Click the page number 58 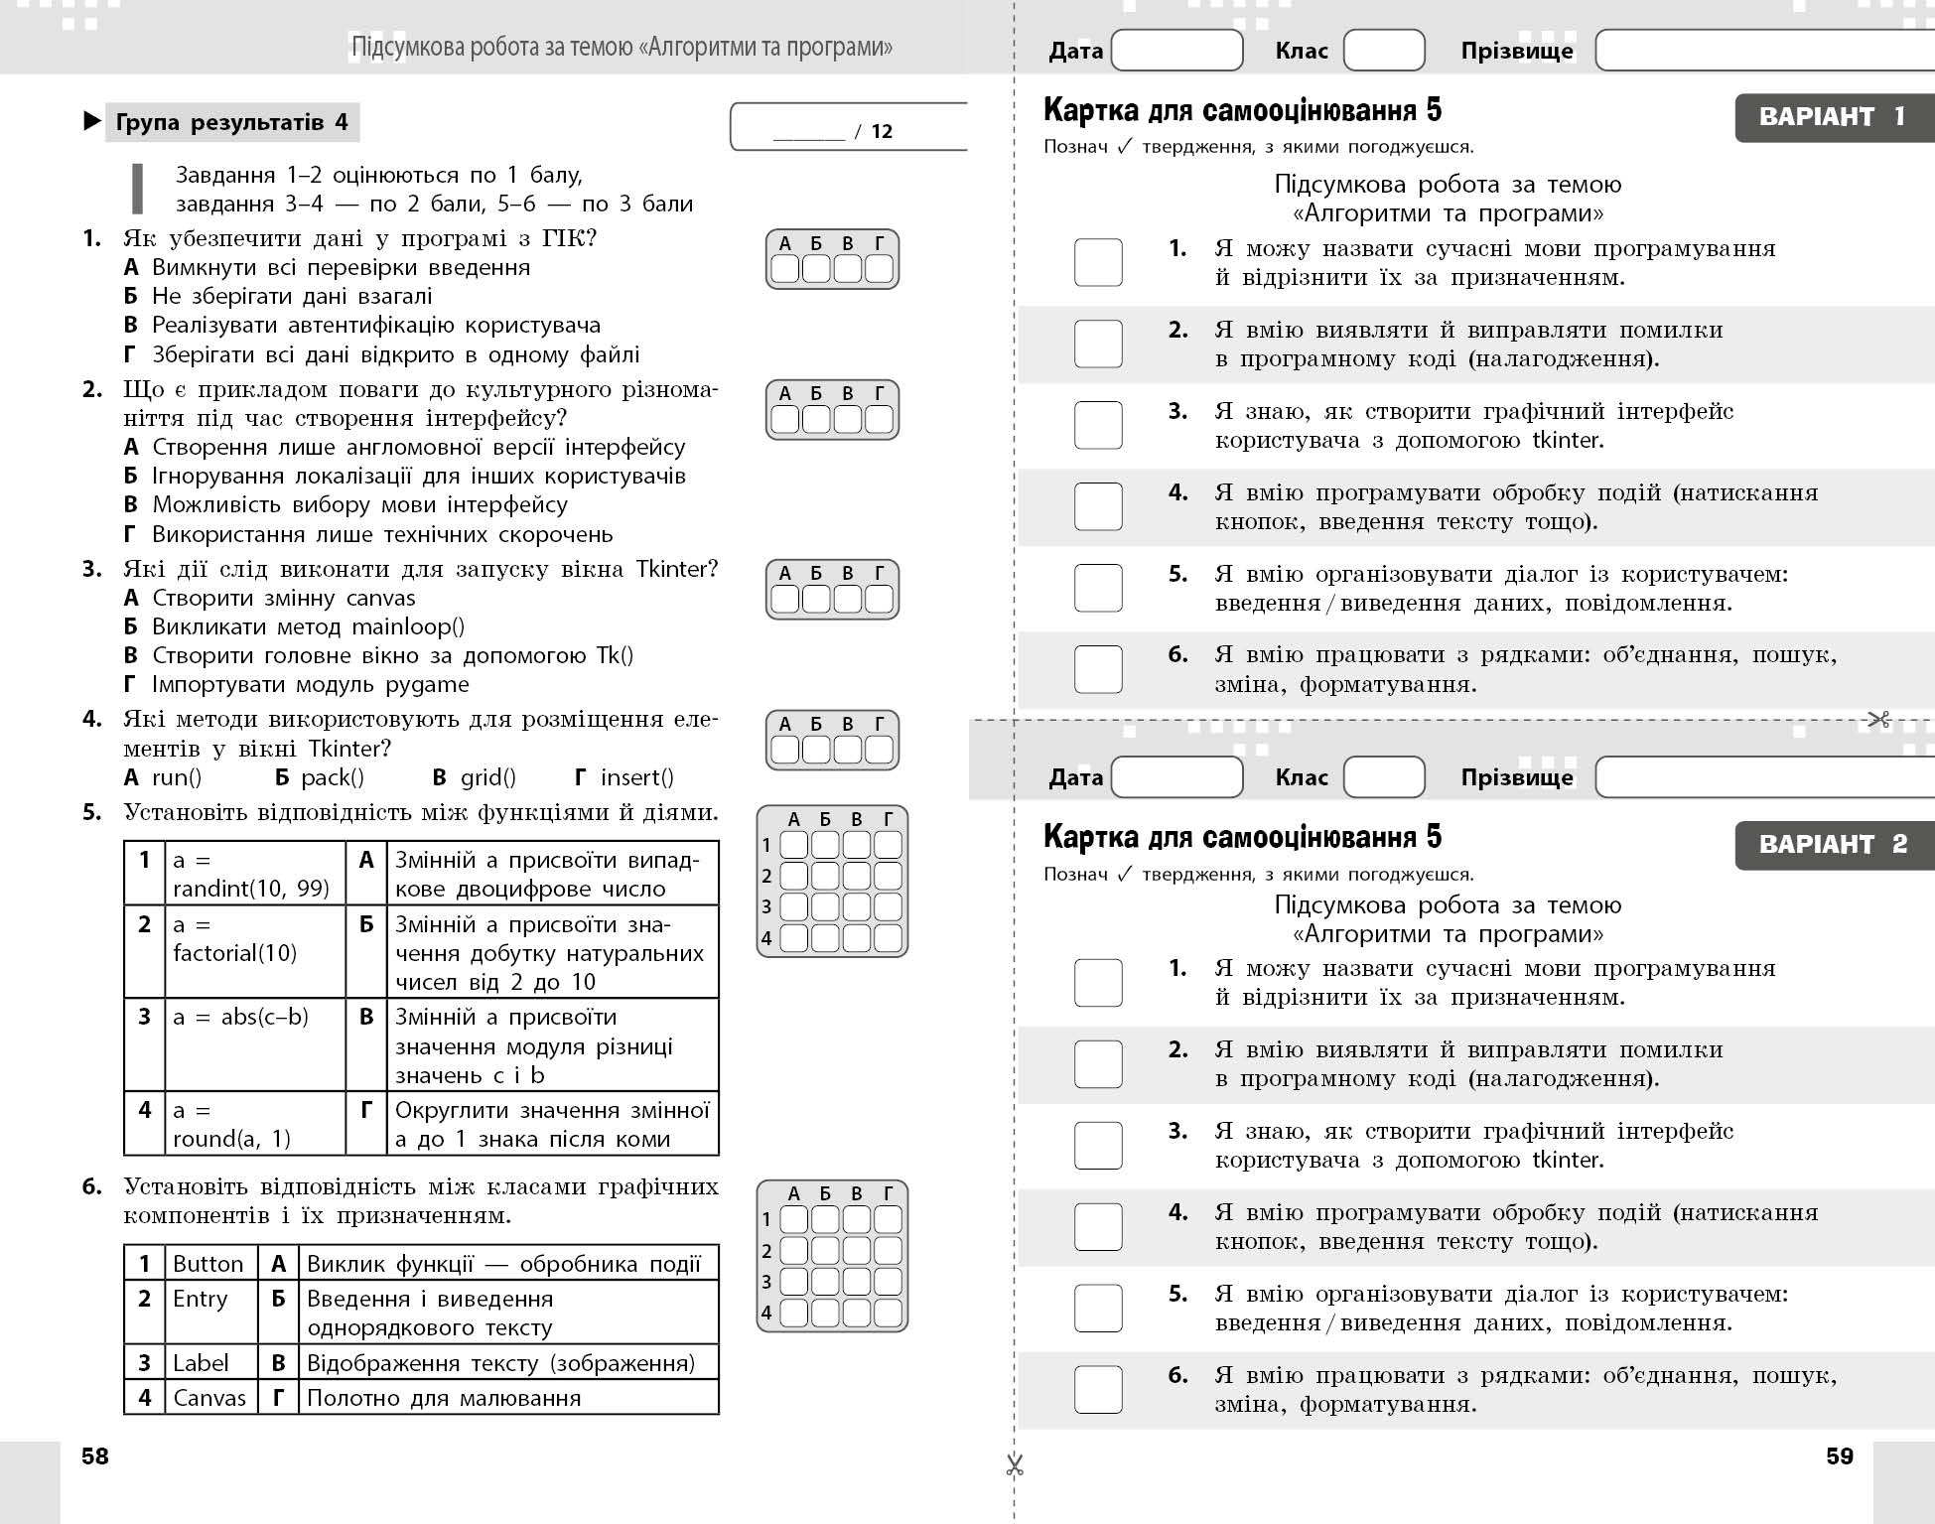tap(95, 1455)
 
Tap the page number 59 tap(1840, 1455)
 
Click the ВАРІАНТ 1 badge tap(1833, 117)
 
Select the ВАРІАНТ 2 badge tap(1833, 845)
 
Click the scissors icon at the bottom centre tap(1014, 1465)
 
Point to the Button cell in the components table tap(208, 1263)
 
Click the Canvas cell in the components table tap(209, 1397)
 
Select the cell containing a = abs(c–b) tap(241, 1017)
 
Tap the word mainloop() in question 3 tap(408, 626)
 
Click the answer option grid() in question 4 tap(487, 777)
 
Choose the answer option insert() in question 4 tap(636, 777)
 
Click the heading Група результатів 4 tap(232, 122)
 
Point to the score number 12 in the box tap(882, 131)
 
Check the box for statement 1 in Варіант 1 tap(1098, 262)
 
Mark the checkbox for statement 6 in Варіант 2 tap(1098, 1389)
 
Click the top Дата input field tap(1176, 50)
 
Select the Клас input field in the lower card tap(1383, 776)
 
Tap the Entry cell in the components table tap(201, 1299)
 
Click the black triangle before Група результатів tap(91, 122)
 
